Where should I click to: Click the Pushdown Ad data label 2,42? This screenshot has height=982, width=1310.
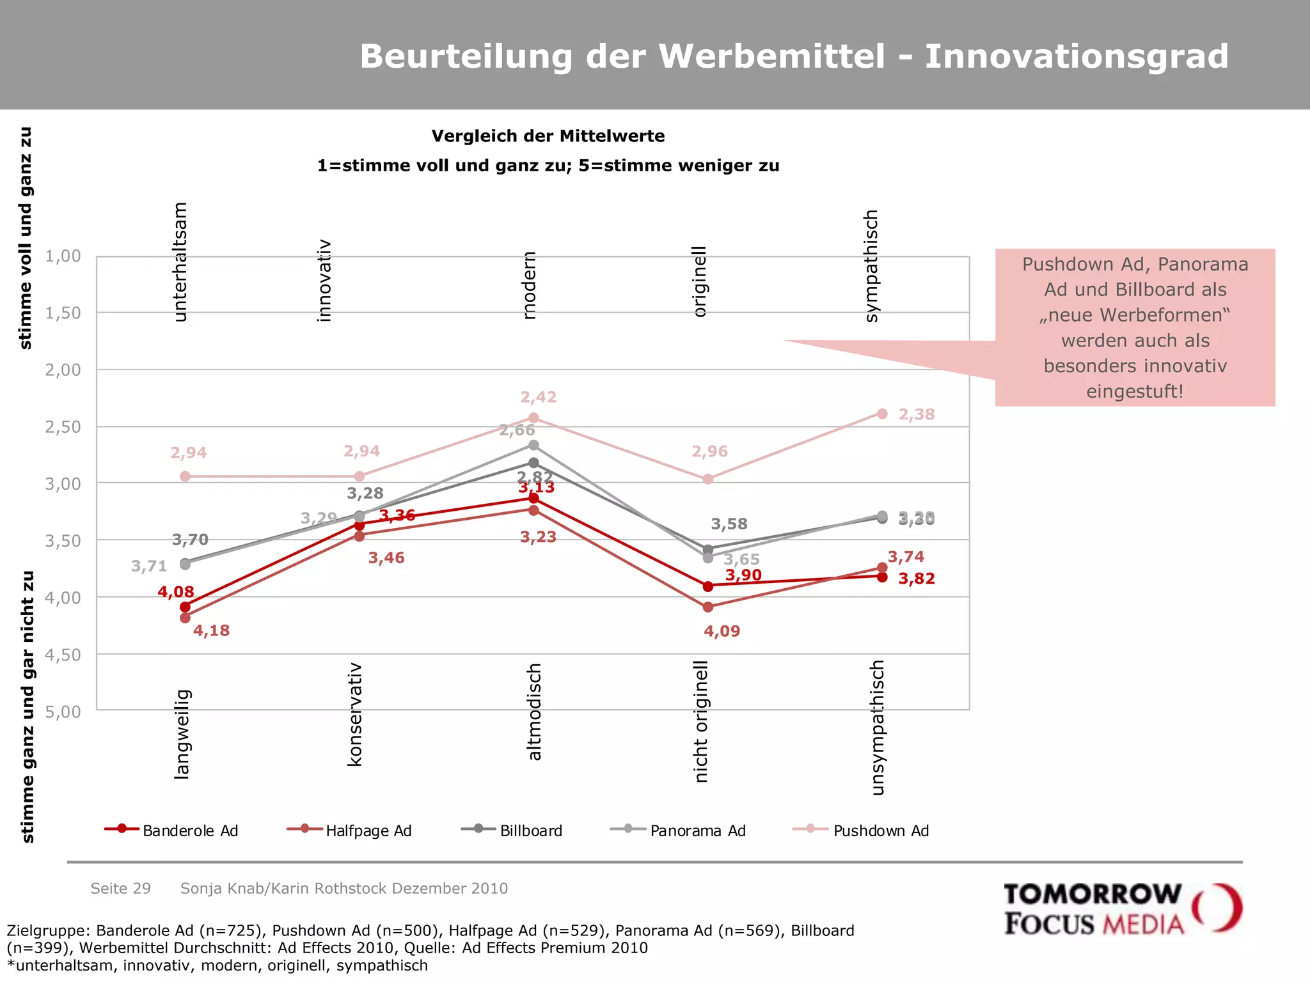[x=538, y=397]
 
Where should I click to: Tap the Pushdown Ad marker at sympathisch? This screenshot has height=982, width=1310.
[x=882, y=414]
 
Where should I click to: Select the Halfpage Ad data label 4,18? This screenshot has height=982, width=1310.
[x=211, y=630]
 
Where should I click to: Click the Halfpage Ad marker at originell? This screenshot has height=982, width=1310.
[x=708, y=607]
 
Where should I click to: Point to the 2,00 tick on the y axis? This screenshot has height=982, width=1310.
[x=63, y=370]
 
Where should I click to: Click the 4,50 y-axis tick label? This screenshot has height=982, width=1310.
[x=63, y=655]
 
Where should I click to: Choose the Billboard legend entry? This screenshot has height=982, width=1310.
[x=512, y=830]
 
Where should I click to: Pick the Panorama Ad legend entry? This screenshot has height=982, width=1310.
[x=679, y=830]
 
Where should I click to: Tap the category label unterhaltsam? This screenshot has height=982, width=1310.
[x=180, y=261]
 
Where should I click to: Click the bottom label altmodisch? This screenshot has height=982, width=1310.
[x=535, y=712]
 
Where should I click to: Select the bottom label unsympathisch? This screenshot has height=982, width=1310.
[x=878, y=727]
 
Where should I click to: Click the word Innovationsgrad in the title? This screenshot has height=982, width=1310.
[x=1076, y=56]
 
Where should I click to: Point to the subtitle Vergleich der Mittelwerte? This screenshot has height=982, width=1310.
[x=548, y=136]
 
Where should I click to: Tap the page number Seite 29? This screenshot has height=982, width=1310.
[x=120, y=888]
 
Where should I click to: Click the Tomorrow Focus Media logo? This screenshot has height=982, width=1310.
[x=1122, y=908]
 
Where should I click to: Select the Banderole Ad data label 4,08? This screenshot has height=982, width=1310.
[x=176, y=592]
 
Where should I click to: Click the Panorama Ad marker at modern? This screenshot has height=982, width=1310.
[x=533, y=445]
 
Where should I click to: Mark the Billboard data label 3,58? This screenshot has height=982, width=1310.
[x=729, y=524]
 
